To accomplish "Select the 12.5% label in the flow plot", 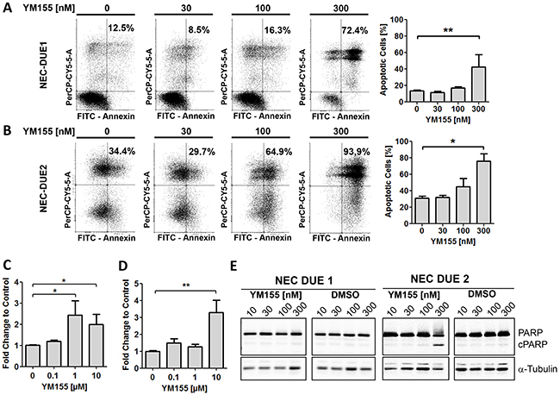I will tap(121, 32).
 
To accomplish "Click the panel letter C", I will tap(8, 262).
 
